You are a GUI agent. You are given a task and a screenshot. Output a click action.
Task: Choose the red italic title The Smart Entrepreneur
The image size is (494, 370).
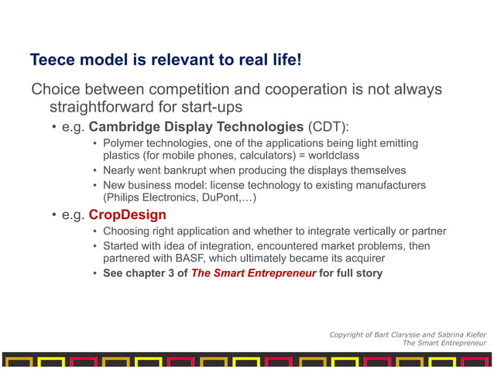(x=254, y=273)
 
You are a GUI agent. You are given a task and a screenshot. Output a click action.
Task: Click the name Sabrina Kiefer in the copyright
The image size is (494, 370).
(x=456, y=334)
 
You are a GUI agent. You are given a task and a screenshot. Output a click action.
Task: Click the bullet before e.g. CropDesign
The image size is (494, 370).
(x=54, y=215)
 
